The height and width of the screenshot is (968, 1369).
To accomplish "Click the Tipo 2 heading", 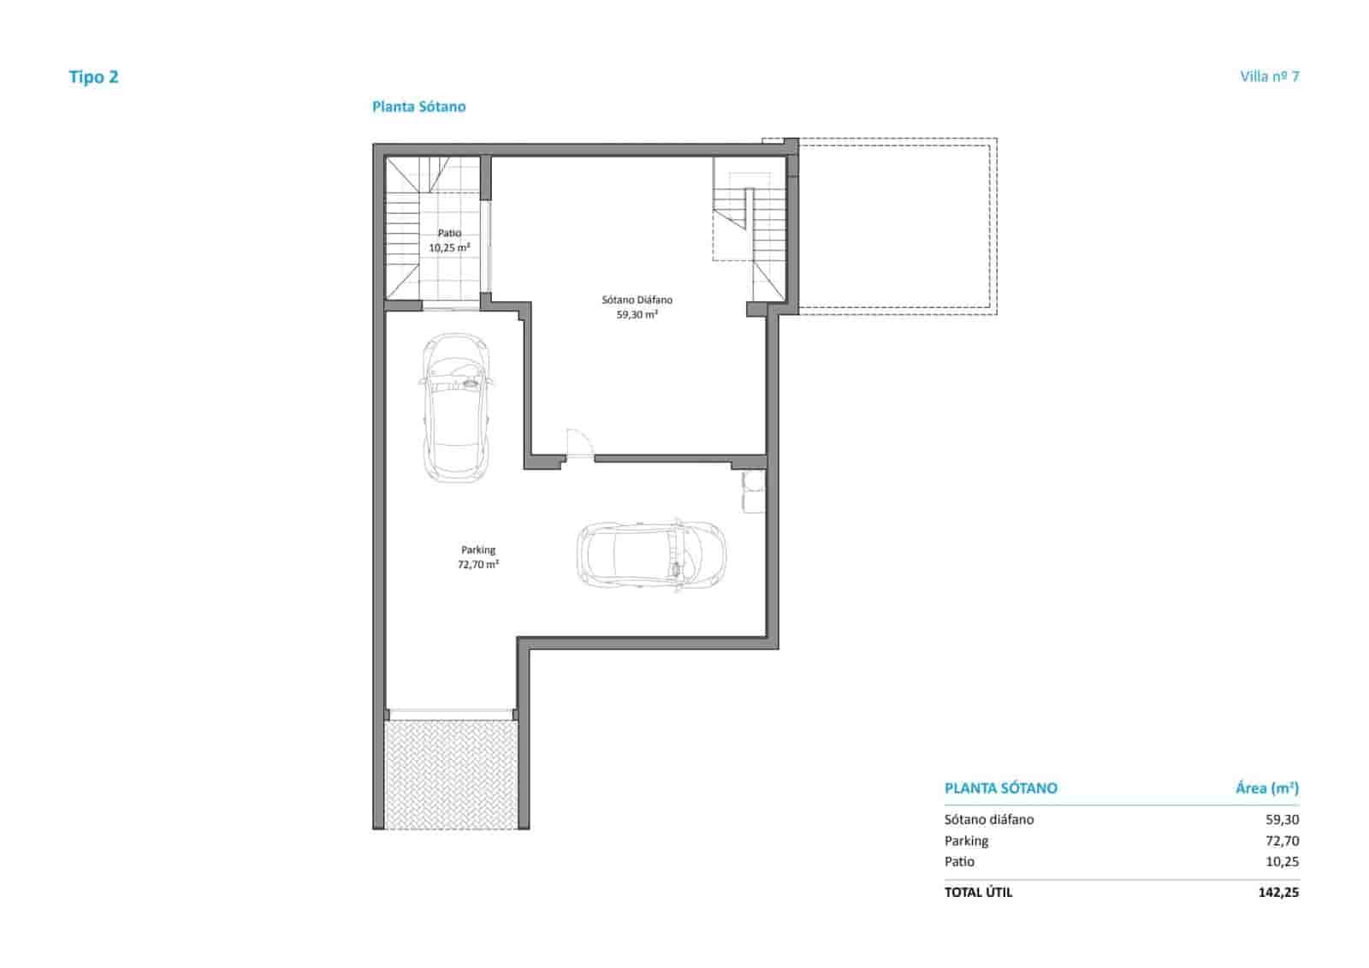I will (x=93, y=77).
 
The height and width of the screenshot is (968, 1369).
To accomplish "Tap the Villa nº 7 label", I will (x=1269, y=76).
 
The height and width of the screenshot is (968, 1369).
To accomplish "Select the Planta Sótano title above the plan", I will (x=418, y=107).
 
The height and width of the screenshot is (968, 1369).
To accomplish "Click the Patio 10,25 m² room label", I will (x=449, y=241).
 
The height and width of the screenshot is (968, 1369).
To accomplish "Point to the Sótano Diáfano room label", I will (x=637, y=307).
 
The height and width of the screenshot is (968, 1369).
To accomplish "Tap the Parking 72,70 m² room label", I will (x=478, y=557).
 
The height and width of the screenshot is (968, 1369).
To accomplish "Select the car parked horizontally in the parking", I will (x=651, y=556).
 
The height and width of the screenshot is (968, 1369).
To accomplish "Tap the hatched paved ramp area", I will (x=450, y=774).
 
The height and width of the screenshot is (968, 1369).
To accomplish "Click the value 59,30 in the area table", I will (x=1281, y=819).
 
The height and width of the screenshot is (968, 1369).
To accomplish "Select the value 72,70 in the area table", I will (x=1281, y=840).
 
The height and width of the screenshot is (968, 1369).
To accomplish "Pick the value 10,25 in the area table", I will (x=1281, y=862).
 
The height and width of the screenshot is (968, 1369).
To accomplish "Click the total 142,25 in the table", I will (x=1277, y=892).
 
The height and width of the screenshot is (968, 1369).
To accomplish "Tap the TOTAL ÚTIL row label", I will (x=978, y=892).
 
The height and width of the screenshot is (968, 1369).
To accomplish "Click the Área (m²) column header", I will (x=1266, y=788).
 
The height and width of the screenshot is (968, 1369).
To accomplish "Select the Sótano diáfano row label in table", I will (x=989, y=819).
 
